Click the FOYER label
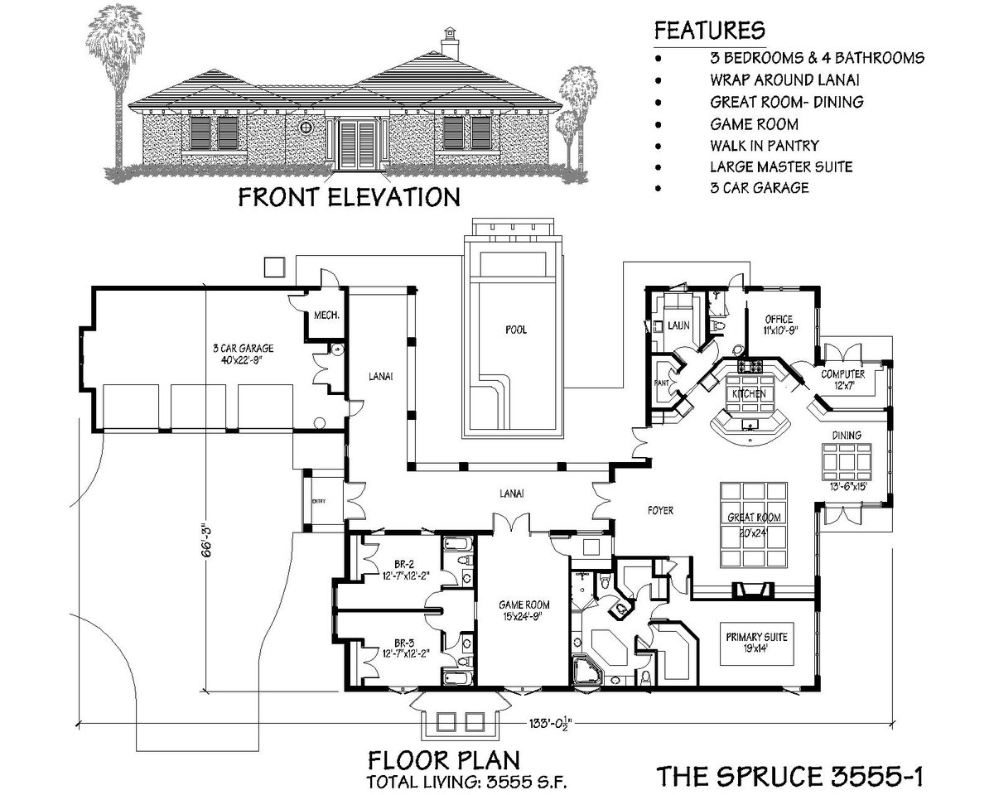point(659,511)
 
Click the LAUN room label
point(679,325)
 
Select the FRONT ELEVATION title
point(349,197)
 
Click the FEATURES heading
point(709,31)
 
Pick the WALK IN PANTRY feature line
point(763,145)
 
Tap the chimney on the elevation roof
point(450,41)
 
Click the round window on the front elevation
point(306,128)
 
